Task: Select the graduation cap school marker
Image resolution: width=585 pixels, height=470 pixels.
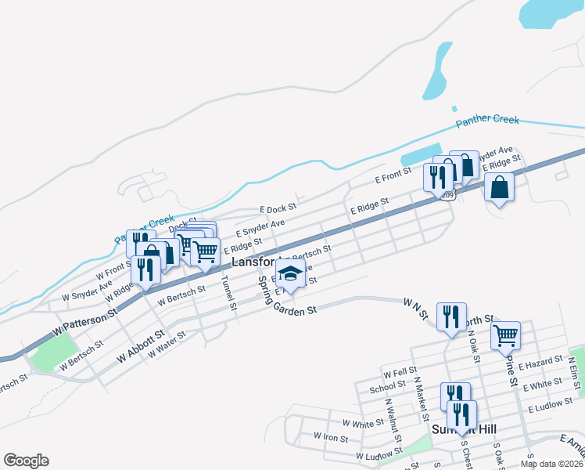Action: [290, 276]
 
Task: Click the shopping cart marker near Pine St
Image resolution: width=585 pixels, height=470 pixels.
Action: [506, 335]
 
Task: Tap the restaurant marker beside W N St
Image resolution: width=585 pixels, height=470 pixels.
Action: [450, 317]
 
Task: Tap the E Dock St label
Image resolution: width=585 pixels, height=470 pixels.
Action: [278, 209]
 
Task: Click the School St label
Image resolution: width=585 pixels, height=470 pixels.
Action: [388, 387]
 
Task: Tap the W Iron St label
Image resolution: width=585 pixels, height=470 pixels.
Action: [331, 436]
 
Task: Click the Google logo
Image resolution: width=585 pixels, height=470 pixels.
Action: [26, 461]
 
